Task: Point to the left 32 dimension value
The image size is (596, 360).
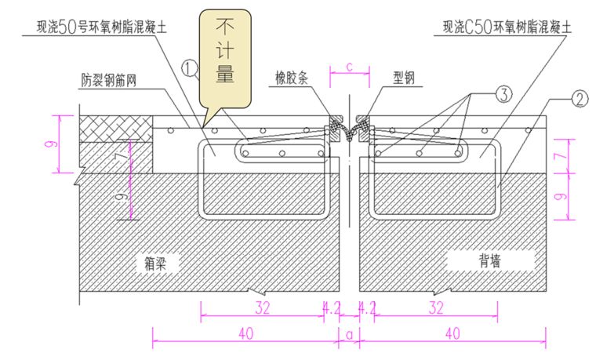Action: tap(262, 308)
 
